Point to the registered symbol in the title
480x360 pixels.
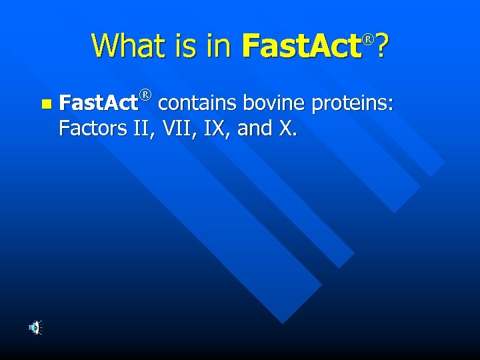tap(367, 39)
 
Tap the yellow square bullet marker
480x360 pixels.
tap(45, 104)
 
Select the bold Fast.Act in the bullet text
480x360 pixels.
tap(98, 103)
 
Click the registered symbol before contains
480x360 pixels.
tap(146, 97)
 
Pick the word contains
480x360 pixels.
tap(198, 103)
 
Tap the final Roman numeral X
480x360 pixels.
tap(285, 127)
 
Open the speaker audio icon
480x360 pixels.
tap(35, 327)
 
